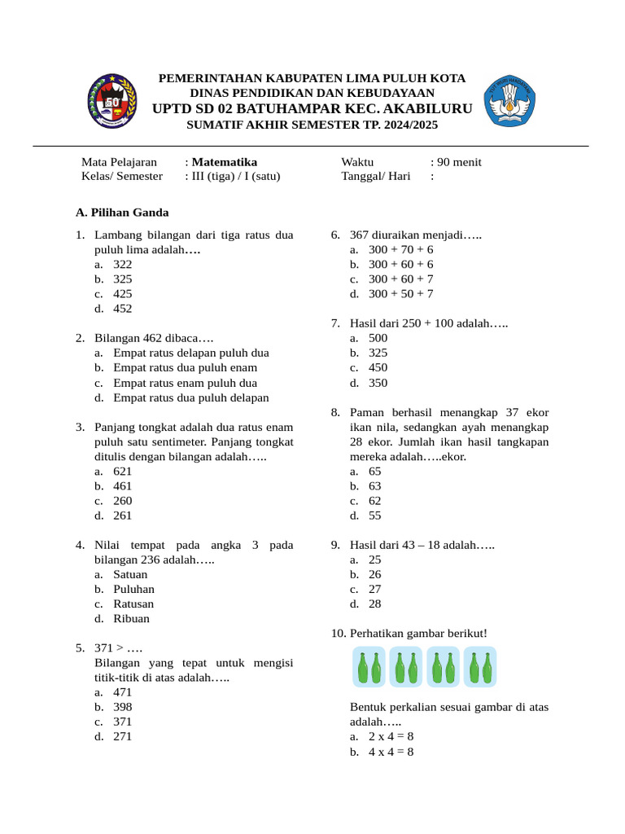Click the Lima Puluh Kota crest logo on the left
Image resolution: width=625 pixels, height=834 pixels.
click(111, 101)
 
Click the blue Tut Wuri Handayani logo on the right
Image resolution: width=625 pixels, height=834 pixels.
click(510, 102)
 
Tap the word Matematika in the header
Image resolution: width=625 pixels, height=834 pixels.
click(225, 162)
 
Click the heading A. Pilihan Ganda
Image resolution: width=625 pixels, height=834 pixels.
click(122, 213)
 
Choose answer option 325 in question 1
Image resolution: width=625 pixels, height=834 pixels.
click(123, 279)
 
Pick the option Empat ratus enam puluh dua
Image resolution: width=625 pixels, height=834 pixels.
click(185, 383)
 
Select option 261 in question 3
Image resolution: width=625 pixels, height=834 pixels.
click(123, 516)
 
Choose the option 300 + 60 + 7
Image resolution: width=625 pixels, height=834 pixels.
click(400, 279)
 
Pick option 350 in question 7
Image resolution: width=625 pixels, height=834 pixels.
click(378, 383)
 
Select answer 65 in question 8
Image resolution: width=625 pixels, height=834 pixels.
click(374, 472)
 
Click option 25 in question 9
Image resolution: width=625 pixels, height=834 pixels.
click(374, 560)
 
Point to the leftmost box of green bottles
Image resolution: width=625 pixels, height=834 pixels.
click(369, 667)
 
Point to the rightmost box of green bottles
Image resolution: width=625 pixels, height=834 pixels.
click(480, 667)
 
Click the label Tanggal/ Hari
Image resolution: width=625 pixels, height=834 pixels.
click(375, 176)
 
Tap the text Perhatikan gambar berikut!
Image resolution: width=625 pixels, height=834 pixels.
click(418, 633)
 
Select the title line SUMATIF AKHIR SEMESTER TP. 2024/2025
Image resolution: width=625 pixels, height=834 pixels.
click(312, 125)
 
